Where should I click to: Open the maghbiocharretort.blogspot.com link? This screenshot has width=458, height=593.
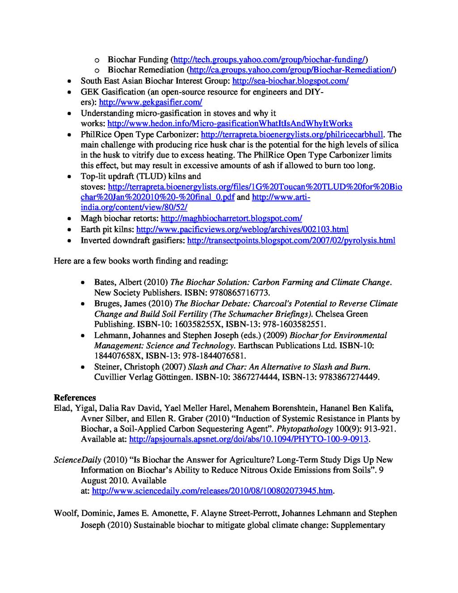click(231, 219)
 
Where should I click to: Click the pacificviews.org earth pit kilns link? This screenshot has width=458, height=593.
click(242, 230)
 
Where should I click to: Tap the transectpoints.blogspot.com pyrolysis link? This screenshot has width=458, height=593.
click(290, 241)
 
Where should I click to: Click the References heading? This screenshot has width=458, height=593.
click(75, 397)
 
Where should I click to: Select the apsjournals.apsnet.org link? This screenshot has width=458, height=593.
click(248, 440)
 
